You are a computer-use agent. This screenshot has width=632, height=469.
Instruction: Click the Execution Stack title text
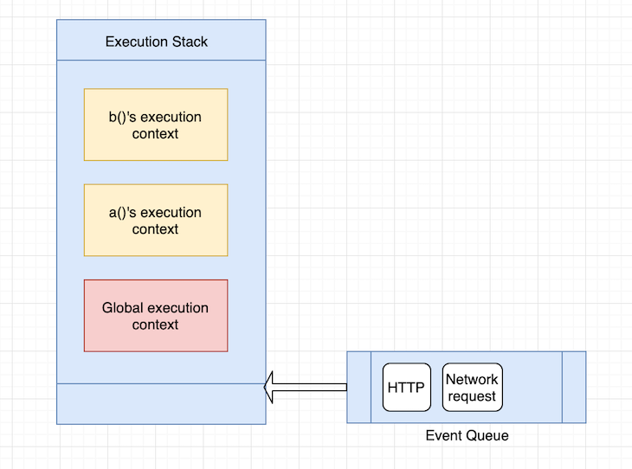coord(157,42)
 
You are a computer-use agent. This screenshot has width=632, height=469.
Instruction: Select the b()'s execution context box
coord(156,125)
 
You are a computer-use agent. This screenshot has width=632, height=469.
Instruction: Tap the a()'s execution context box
coord(156,221)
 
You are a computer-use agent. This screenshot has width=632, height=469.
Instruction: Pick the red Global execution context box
coord(156,316)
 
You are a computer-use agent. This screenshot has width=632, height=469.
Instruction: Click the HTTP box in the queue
coord(406,388)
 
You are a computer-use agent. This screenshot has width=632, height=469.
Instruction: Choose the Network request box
coord(472,388)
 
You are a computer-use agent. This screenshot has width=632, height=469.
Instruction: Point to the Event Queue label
coord(467,435)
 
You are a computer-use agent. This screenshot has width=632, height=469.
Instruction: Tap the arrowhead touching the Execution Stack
coord(269,387)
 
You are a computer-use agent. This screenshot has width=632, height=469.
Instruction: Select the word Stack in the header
coord(190,42)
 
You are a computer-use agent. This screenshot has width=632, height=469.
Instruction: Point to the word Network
coord(472,379)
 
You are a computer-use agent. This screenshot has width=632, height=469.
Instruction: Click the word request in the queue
coord(472,396)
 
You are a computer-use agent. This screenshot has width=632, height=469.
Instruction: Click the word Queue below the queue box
coord(487,435)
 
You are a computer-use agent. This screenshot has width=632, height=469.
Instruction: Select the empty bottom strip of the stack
coord(160,403)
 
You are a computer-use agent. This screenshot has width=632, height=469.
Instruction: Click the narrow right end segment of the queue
coord(574,387)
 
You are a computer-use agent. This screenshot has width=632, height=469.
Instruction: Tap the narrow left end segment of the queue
coord(358,387)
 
